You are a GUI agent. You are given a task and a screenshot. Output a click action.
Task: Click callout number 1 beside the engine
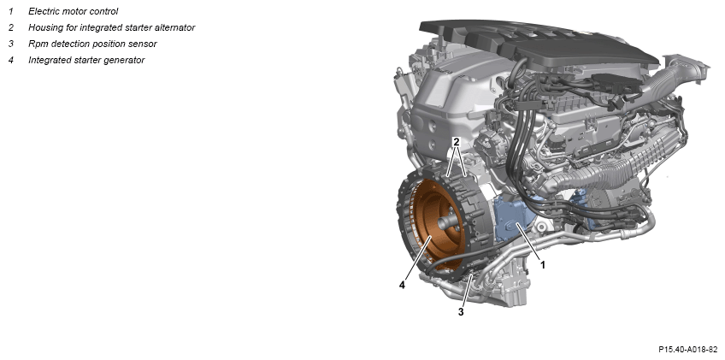(543, 265)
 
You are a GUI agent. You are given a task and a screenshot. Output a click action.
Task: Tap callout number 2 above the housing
(456, 143)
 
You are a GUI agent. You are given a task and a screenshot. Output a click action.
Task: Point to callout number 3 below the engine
(461, 312)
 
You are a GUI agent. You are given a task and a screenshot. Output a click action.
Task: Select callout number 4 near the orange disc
(403, 286)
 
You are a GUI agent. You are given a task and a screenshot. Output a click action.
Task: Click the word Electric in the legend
(43, 11)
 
